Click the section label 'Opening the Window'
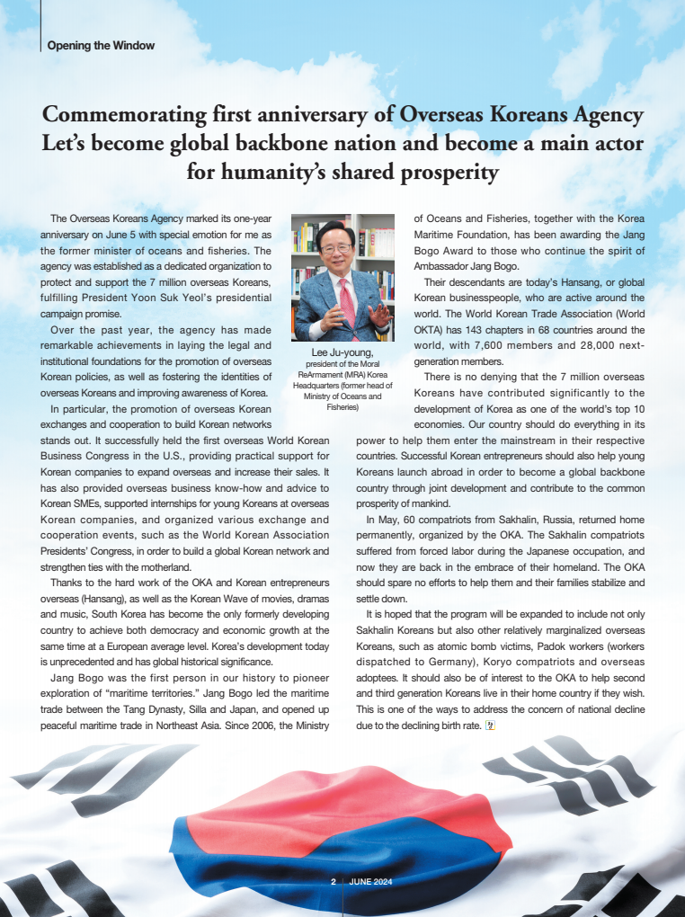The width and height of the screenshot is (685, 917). coord(101,45)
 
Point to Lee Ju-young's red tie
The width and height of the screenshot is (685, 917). coord(347,302)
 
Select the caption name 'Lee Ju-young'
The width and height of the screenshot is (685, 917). coord(342,352)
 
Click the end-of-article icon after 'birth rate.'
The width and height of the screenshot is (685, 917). coord(489,726)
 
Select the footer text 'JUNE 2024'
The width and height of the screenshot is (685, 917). coord(370,882)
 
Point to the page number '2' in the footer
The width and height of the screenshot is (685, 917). coord(334,882)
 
